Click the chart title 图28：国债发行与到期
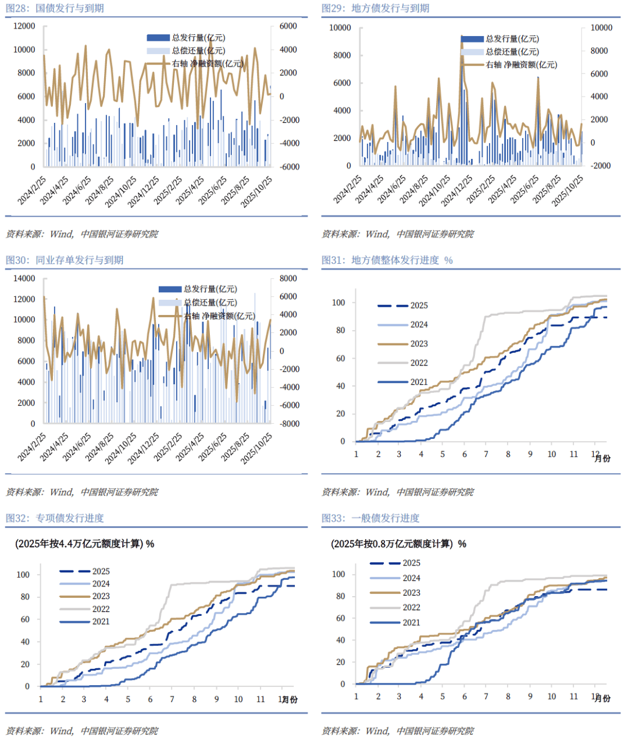pyautogui.click(x=55, y=8)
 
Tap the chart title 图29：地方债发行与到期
pyautogui.click(x=375, y=8)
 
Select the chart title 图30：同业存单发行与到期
pyautogui.click(x=65, y=260)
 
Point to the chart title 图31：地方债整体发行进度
pyautogui.click(x=387, y=260)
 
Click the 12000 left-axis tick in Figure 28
pyautogui.click(x=24, y=26)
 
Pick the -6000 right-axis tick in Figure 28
pyautogui.click(x=289, y=166)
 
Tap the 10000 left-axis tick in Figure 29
pyautogui.click(x=340, y=28)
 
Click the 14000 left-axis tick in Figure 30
pyautogui.click(x=24, y=278)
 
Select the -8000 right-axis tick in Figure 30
pyautogui.click(x=289, y=424)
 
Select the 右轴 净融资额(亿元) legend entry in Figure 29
pyautogui.click(x=521, y=65)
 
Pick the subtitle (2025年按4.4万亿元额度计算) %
pyautogui.click(x=84, y=544)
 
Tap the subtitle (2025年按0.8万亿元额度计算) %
pyautogui.click(x=398, y=544)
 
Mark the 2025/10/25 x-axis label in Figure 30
pyautogui.click(x=257, y=448)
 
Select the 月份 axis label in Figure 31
pyautogui.click(x=602, y=459)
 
